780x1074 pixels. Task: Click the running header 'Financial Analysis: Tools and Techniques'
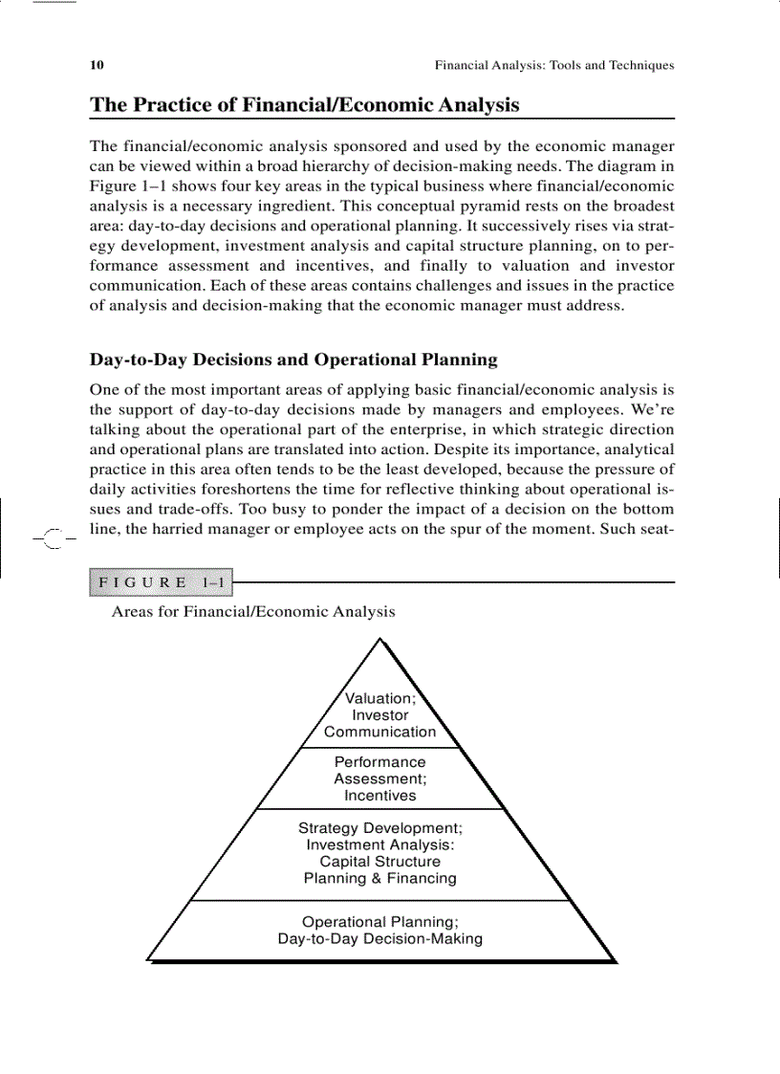554,66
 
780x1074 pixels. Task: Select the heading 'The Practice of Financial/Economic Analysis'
304,105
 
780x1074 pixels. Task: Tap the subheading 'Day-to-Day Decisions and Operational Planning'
293,361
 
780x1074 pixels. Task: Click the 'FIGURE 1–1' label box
161,582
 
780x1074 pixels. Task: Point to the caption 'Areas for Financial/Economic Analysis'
253,611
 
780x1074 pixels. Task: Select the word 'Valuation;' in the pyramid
380,699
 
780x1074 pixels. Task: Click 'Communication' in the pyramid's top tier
380,732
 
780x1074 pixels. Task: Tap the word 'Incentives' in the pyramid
380,795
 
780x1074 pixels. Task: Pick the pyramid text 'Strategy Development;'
380,828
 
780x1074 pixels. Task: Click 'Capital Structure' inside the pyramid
380,862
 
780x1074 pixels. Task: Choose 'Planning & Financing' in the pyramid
380,878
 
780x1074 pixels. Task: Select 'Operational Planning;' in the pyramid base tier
380,922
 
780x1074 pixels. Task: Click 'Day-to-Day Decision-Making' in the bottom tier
380,939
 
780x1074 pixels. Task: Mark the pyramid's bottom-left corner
148,959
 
